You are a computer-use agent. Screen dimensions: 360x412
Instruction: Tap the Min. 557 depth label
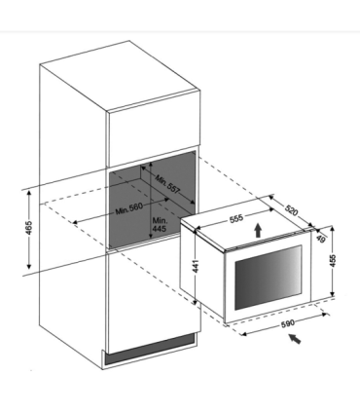(x=167, y=184)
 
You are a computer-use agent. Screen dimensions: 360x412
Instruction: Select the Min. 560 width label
(x=128, y=209)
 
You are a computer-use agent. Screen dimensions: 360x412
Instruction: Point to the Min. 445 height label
(x=160, y=224)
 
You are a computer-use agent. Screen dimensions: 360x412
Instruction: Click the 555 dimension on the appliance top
(x=236, y=218)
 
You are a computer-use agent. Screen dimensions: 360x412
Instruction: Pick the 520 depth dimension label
(x=291, y=210)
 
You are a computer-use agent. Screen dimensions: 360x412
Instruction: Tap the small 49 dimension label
(x=320, y=239)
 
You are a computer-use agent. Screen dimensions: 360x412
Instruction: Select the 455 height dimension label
(x=333, y=261)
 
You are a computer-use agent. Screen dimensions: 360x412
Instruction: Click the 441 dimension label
(x=196, y=266)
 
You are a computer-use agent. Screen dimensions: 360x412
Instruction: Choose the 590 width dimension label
(x=287, y=323)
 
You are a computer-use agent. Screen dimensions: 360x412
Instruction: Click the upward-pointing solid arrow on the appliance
(x=258, y=231)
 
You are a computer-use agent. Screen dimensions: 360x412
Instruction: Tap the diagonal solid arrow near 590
(x=295, y=339)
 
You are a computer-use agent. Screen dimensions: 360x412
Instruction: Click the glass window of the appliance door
(x=269, y=278)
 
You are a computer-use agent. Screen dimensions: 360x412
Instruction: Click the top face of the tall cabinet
(x=119, y=75)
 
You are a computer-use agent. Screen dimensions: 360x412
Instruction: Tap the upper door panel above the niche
(x=153, y=130)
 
